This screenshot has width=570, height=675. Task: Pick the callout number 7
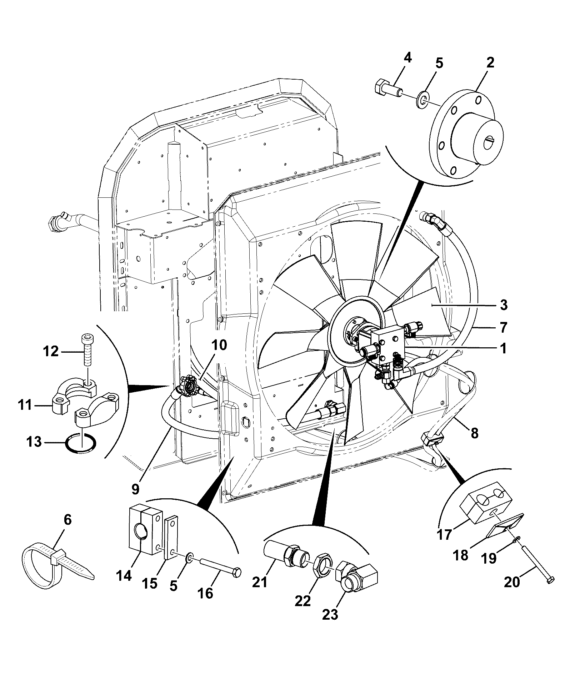(x=502, y=327)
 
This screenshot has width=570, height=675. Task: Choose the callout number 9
(x=135, y=489)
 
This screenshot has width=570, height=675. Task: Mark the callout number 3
(x=503, y=305)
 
